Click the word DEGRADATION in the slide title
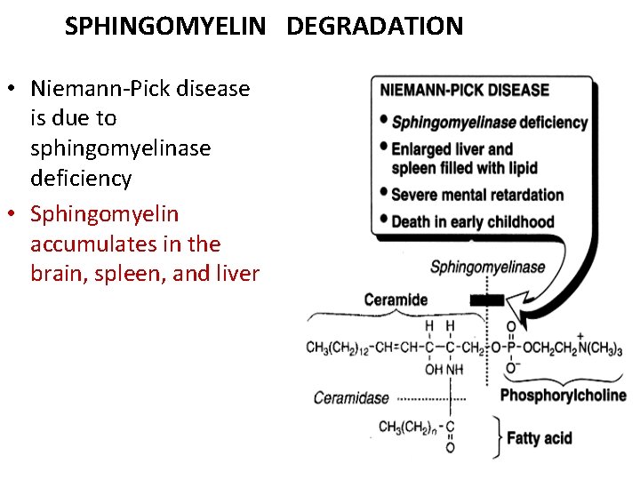pyautogui.click(x=374, y=27)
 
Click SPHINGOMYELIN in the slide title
pyautogui.click(x=165, y=27)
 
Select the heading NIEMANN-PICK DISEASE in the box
pyautogui.click(x=465, y=91)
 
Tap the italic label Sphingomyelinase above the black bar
pyautogui.click(x=488, y=268)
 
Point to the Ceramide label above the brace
pyautogui.click(x=396, y=300)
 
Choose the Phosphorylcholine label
pyautogui.click(x=564, y=396)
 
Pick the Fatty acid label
pyautogui.click(x=540, y=438)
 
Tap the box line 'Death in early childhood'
pyautogui.click(x=472, y=222)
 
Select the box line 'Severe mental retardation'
pyautogui.click(x=477, y=195)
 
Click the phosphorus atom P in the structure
pyautogui.click(x=511, y=347)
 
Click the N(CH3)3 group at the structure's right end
pyautogui.click(x=601, y=348)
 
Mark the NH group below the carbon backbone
pyautogui.click(x=454, y=369)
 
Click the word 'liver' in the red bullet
pyautogui.click(x=236, y=274)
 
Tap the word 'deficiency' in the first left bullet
pyautogui.click(x=81, y=179)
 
